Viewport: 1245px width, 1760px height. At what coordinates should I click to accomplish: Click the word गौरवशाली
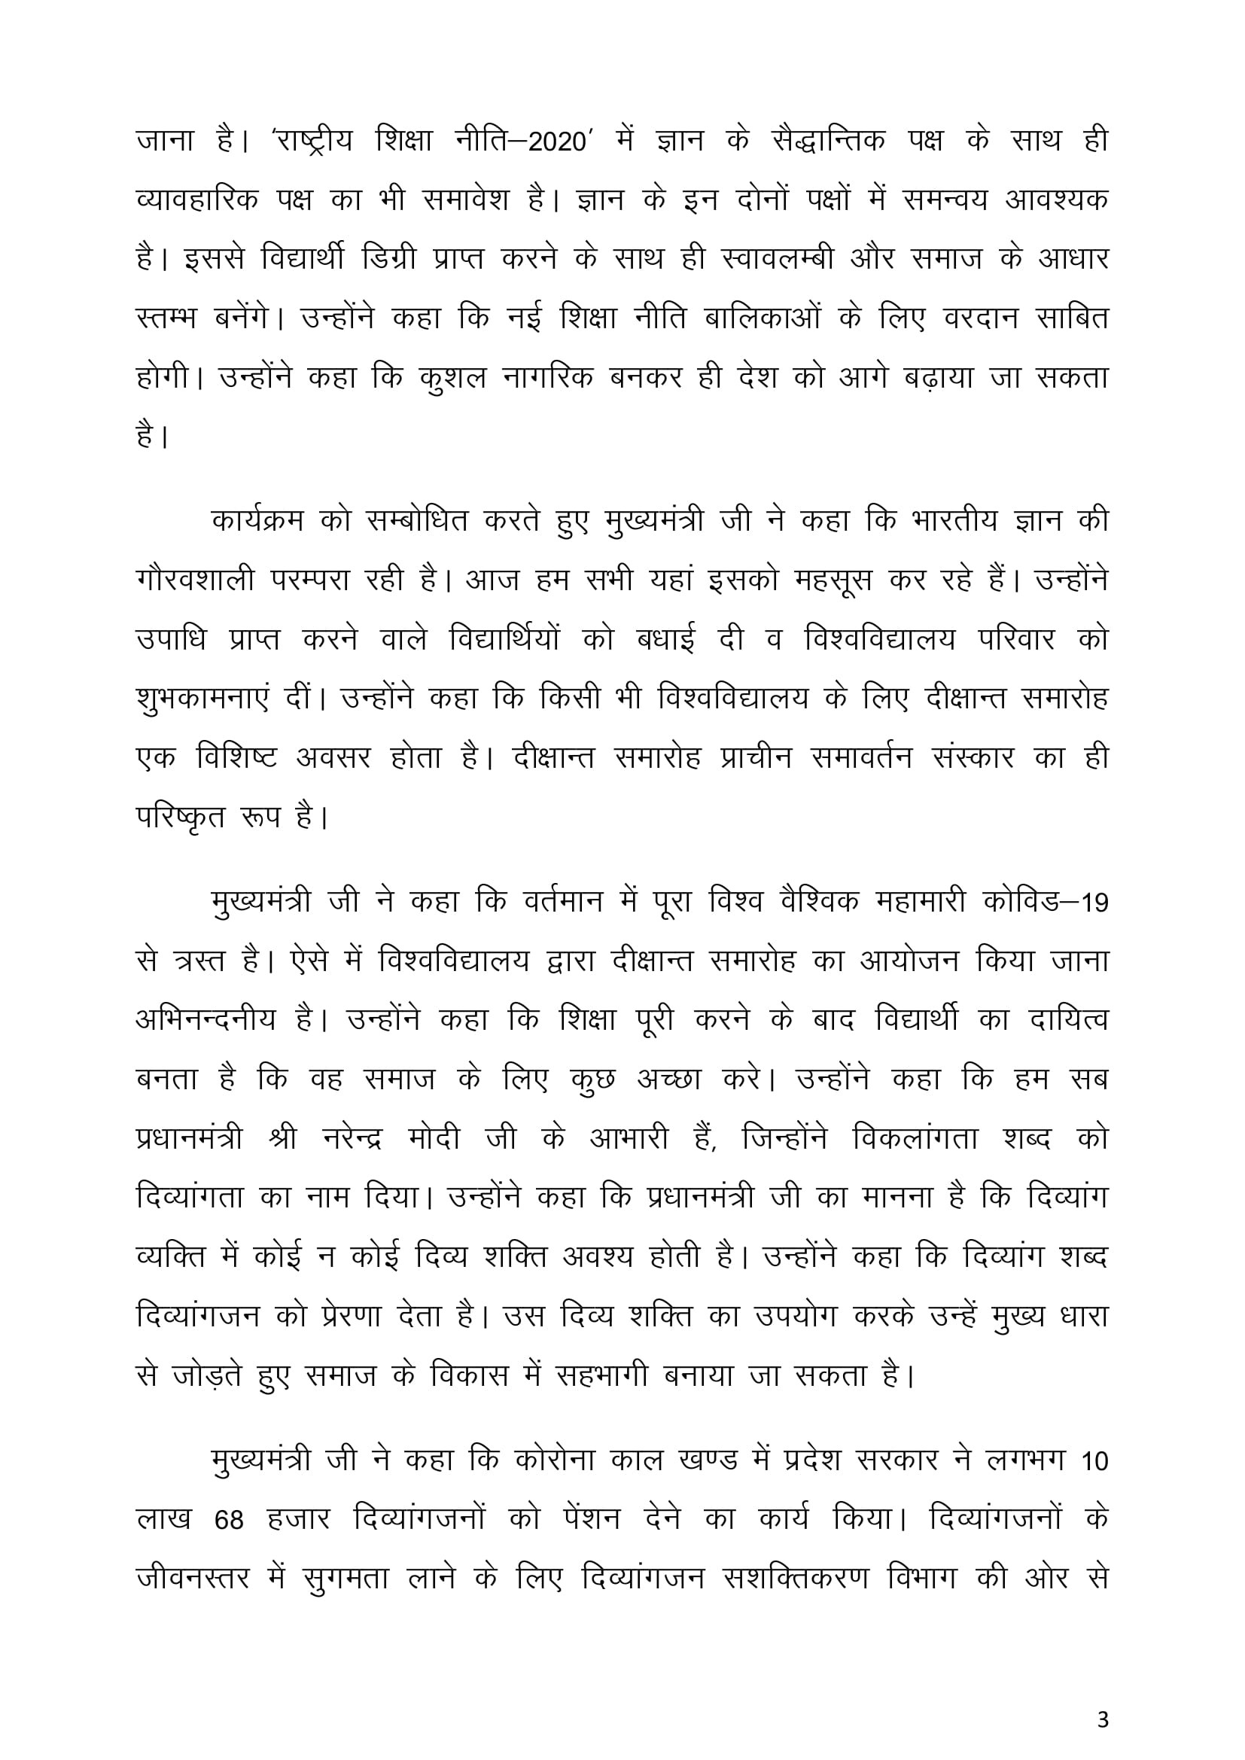(x=195, y=580)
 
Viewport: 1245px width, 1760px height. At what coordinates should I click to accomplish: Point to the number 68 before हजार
(x=229, y=1521)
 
